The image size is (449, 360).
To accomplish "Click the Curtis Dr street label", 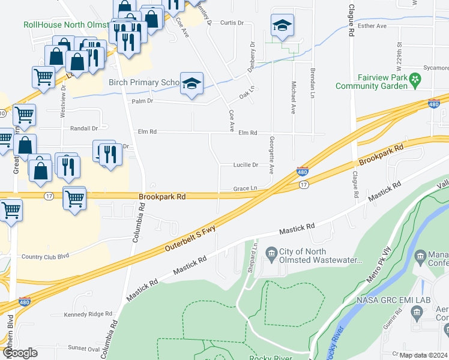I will (232, 23).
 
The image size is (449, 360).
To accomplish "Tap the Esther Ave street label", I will (372, 26).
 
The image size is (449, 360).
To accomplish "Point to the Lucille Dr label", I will (246, 165).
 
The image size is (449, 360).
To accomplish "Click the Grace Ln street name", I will (246, 188).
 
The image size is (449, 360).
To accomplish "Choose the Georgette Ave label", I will (271, 154).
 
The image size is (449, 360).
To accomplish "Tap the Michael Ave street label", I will (294, 98).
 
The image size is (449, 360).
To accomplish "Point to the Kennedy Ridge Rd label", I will (88, 314).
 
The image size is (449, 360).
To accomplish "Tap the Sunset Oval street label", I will (84, 347).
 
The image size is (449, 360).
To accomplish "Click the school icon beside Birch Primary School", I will (191, 84).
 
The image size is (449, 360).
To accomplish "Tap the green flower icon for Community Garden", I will (414, 79).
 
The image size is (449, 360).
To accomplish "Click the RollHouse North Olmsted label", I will (66, 25).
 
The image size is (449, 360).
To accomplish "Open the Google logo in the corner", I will (20, 353).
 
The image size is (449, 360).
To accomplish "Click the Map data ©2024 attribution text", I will (423, 355).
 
